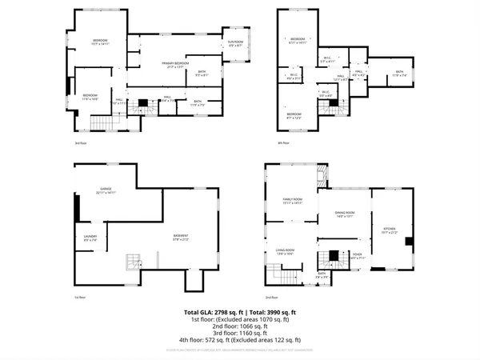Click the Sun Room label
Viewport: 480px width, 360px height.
click(235, 43)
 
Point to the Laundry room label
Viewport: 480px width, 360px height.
click(90, 237)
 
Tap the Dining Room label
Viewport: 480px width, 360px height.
click(344, 214)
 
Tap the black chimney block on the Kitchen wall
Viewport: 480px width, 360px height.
click(407, 242)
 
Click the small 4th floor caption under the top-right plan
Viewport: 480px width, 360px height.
click(283, 142)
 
